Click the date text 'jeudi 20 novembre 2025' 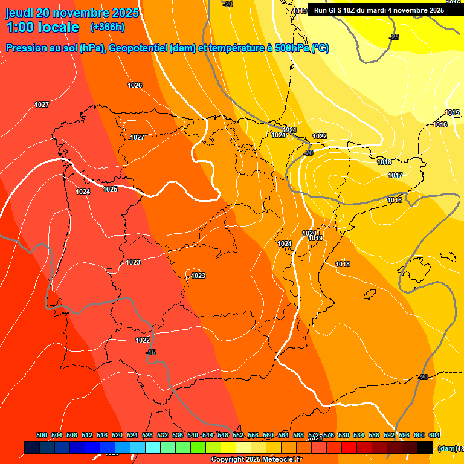pos(72,13)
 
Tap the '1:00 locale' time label pos(42,27)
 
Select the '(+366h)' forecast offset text pos(108,27)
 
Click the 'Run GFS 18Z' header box pos(379,10)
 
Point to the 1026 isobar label pos(135,85)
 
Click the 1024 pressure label pos(83,192)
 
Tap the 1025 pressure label pos(110,189)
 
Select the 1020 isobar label pos(309,233)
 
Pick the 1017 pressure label pos(395,175)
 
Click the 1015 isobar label pos(452,112)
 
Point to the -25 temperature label pos(395,37)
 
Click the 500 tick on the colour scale pos(42,435)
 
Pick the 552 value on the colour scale pos(238,435)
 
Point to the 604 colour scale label pos(434,435)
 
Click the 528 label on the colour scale pos(147,435)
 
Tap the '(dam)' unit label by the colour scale pos(445,448)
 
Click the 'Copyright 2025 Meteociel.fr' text pos(256,460)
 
